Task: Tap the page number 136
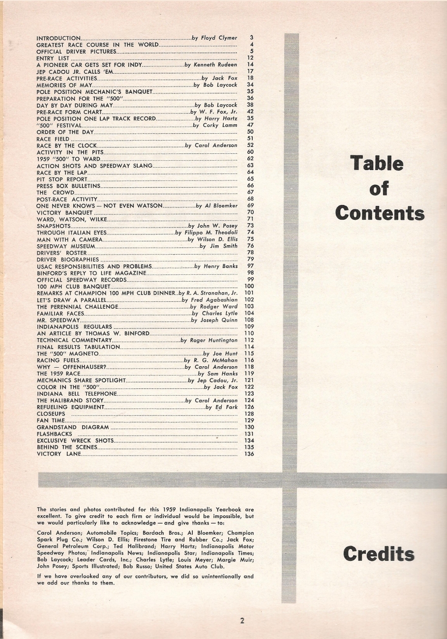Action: [x=248, y=454]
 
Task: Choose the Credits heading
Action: [x=379, y=554]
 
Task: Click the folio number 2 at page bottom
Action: [x=242, y=620]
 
